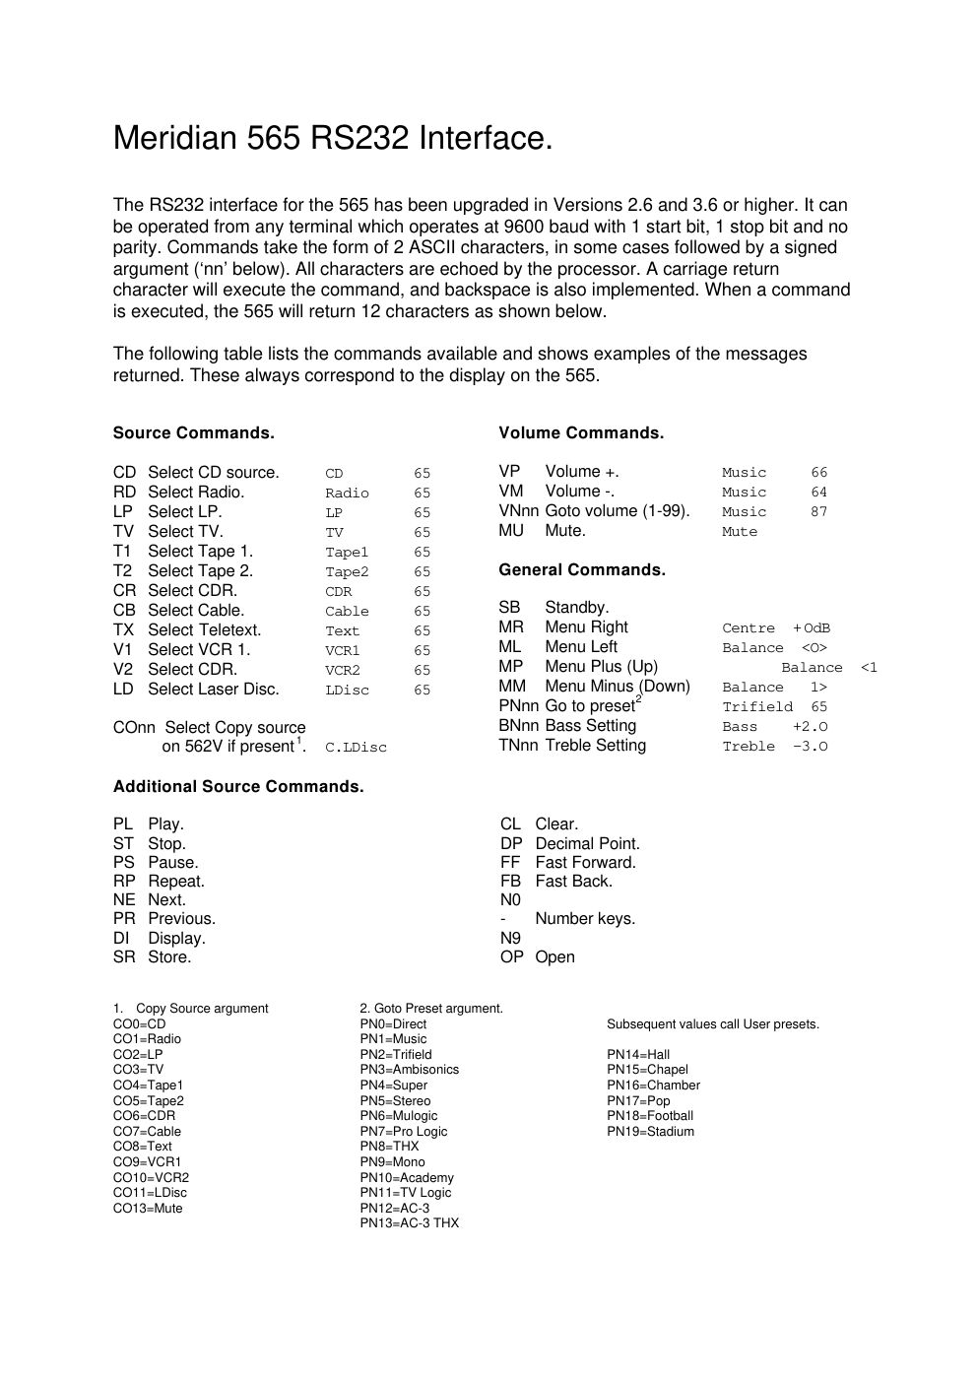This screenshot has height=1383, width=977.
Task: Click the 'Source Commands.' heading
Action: pyautogui.click(x=193, y=433)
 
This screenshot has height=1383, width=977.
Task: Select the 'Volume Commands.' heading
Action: pyautogui.click(x=581, y=433)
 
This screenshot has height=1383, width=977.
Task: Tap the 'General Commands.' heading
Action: pyautogui.click(x=581, y=570)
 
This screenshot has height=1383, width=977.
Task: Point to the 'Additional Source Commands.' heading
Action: pyautogui.click(x=238, y=787)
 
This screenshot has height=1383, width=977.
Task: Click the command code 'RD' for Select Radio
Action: pyautogui.click(x=124, y=493)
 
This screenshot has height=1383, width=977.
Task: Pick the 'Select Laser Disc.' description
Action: pyautogui.click(x=213, y=690)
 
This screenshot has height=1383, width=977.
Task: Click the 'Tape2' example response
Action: pyautogui.click(x=347, y=572)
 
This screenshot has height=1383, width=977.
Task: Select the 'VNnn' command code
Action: pyautogui.click(x=518, y=511)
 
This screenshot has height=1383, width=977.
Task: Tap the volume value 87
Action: pyautogui.click(x=819, y=512)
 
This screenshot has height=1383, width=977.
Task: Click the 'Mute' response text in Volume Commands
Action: pyautogui.click(x=740, y=532)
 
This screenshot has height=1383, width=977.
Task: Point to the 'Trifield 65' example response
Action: pyautogui.click(x=774, y=707)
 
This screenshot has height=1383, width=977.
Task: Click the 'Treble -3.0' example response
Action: pyautogui.click(x=774, y=747)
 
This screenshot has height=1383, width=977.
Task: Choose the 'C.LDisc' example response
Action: pyautogui.click(x=356, y=748)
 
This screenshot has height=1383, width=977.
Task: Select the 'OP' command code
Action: pyautogui.click(x=511, y=957)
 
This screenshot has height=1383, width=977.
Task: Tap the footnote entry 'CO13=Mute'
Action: pyautogui.click(x=148, y=1209)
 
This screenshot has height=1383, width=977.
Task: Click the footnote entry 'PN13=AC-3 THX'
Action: pyautogui.click(x=409, y=1223)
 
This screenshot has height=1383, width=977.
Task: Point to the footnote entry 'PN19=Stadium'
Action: pyautogui.click(x=650, y=1132)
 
